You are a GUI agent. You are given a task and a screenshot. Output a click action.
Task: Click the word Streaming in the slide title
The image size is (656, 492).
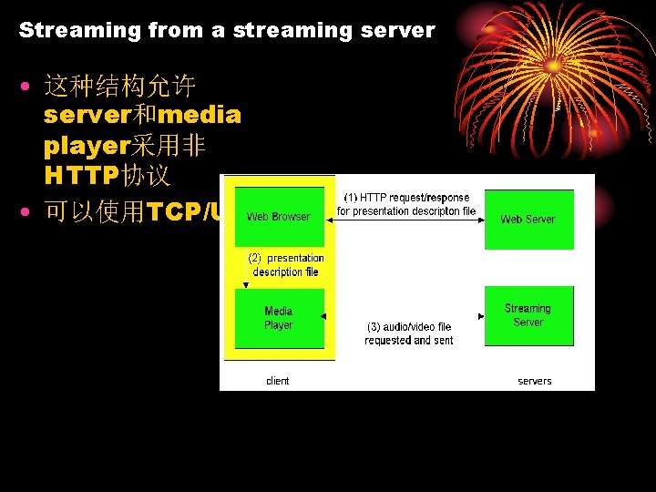79,30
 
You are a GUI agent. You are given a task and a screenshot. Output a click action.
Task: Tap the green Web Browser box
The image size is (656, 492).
279,217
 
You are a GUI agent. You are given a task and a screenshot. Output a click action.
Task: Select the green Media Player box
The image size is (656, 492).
279,318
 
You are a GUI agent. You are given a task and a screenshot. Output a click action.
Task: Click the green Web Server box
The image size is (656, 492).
528,219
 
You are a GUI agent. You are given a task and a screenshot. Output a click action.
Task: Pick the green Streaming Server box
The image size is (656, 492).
528,315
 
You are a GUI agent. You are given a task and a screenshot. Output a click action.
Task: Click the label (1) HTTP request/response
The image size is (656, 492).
406,197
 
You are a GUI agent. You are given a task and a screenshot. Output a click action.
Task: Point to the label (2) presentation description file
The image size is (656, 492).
287,265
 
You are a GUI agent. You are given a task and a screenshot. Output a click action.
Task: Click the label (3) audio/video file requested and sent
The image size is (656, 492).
409,333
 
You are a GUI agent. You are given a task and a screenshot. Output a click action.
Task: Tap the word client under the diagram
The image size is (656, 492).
277,381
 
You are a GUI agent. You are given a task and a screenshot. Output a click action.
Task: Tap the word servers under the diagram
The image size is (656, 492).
535,381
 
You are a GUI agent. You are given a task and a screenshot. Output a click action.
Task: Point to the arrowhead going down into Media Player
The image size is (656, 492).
244,285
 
